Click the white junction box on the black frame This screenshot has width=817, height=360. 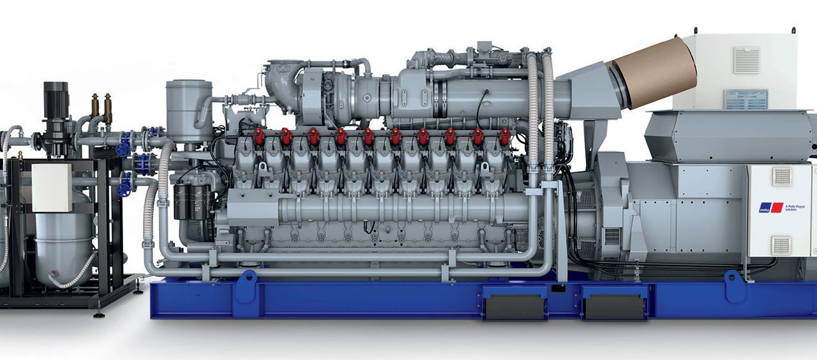pyautogui.click(x=52, y=188)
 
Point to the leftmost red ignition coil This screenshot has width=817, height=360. pyautogui.click(x=259, y=136)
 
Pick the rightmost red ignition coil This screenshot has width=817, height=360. pyautogui.click(x=505, y=136)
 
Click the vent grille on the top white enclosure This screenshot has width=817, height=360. pyautogui.click(x=746, y=61)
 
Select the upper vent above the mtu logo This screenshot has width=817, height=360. pyautogui.click(x=781, y=177)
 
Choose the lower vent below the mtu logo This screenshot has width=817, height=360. pyautogui.click(x=781, y=245)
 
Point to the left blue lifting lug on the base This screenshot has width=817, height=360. pyautogui.click(x=246, y=287)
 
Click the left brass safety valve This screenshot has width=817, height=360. pyautogui.click(x=95, y=106)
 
